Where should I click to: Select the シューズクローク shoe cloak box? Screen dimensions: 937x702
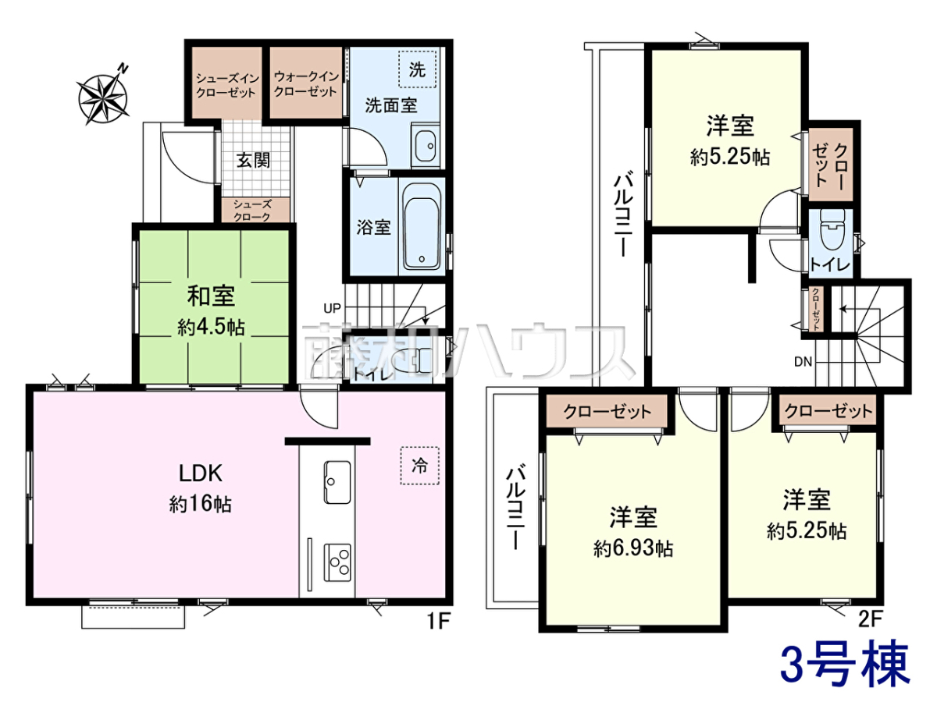pos(255,210)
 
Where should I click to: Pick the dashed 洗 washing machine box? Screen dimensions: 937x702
pos(417,69)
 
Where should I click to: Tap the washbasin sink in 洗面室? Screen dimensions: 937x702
pos(426,146)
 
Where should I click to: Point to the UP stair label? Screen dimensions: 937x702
pos(333,308)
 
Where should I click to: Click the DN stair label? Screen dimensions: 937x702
pos(803,362)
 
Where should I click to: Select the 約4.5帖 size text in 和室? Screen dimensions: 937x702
pos(212,328)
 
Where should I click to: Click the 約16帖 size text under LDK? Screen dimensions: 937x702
pos(200,505)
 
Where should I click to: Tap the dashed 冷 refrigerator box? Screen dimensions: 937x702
pos(419,466)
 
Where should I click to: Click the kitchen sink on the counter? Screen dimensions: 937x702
pos(337,482)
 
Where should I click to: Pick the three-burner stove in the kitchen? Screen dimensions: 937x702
pos(337,562)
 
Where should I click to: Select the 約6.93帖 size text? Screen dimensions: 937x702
pos(633,548)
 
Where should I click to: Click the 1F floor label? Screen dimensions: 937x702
pos(438,622)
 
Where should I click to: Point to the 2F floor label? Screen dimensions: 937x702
pos(870,619)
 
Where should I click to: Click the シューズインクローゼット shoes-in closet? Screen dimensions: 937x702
pos(226,83)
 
